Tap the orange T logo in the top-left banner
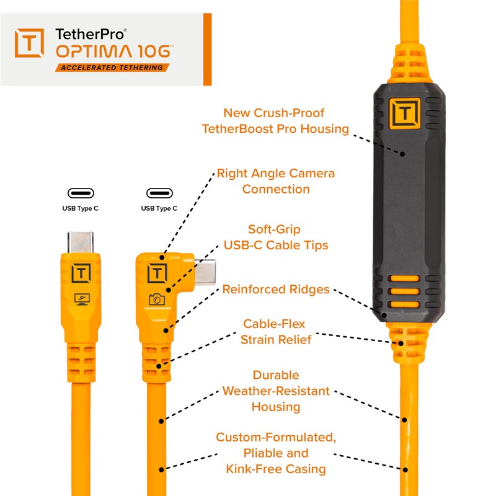[x=29, y=43]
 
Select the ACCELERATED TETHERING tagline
[x=112, y=68]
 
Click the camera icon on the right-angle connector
[x=157, y=299]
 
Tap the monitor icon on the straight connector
[x=82, y=299]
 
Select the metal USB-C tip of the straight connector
[x=81, y=242]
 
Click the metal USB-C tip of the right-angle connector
[x=205, y=272]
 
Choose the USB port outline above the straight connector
[x=81, y=193]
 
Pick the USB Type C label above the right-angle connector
[x=159, y=208]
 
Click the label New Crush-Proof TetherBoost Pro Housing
[x=275, y=121]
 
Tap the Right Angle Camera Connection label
[x=276, y=181]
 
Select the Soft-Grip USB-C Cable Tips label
[x=276, y=237]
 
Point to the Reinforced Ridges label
[x=276, y=290]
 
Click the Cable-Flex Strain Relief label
[x=276, y=332]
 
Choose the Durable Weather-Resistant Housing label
[x=276, y=391]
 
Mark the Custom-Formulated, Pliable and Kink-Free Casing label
[x=276, y=453]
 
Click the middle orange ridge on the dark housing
[x=405, y=291]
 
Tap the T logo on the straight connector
[x=82, y=273]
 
